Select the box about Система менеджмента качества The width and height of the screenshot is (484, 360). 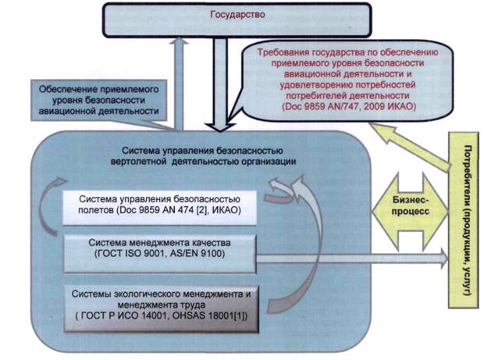(x=160, y=248)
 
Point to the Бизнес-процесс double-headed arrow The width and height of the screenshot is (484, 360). (x=407, y=205)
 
